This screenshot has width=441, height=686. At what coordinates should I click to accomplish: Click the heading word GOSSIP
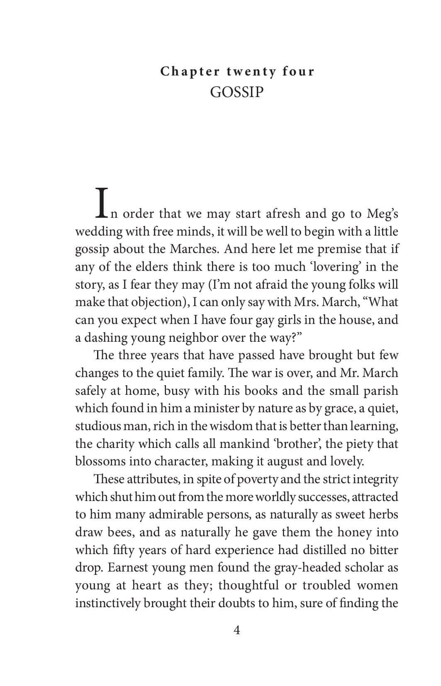click(x=237, y=92)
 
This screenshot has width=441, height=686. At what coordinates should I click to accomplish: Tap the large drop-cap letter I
click(x=102, y=203)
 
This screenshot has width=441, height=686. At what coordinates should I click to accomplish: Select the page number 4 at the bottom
click(x=237, y=630)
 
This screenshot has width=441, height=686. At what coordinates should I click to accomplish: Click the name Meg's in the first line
click(x=383, y=214)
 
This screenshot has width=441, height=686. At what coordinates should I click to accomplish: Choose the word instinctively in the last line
click(x=108, y=603)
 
